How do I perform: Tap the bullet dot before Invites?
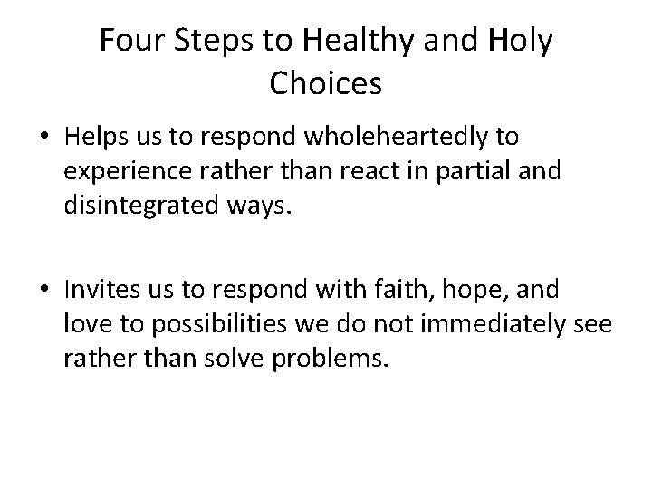pos(43,292)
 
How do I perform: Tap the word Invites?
pos(100,292)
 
